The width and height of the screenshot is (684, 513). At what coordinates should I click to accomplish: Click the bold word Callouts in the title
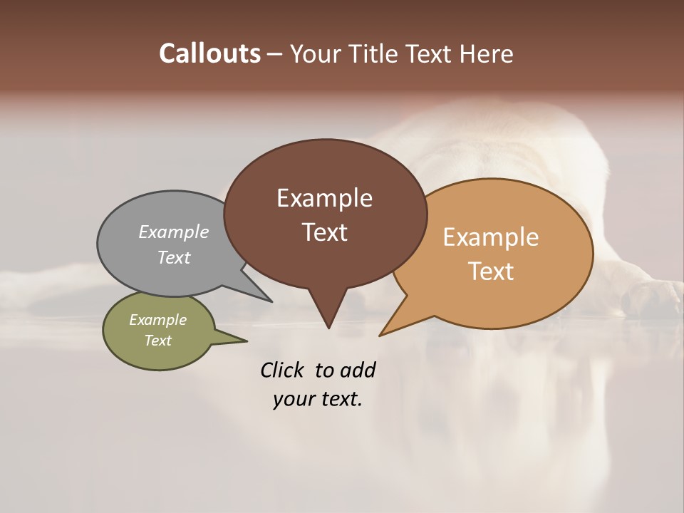[209, 53]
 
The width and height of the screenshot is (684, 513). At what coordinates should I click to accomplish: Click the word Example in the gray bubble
[174, 232]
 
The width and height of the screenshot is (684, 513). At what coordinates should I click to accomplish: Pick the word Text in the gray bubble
[174, 257]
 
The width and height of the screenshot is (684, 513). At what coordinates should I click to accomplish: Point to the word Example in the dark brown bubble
[324, 198]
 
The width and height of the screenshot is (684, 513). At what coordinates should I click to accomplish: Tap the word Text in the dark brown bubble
[324, 232]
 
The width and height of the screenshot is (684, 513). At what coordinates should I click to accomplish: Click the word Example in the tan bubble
[491, 237]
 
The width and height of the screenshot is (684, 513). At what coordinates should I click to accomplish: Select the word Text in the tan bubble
[491, 271]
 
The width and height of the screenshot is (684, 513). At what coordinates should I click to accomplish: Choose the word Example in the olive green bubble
[158, 320]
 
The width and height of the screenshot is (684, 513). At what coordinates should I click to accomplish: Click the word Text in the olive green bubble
[158, 341]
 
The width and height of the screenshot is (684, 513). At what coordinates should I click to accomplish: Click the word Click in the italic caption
[283, 370]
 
